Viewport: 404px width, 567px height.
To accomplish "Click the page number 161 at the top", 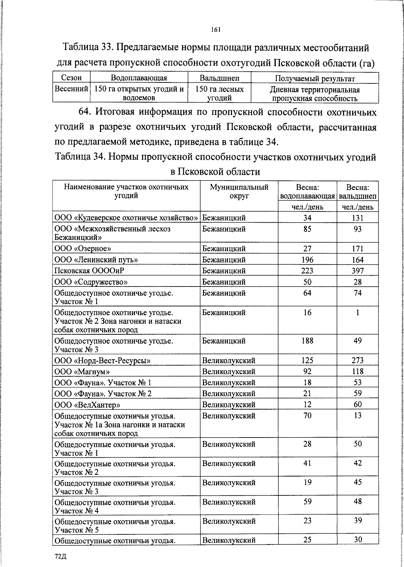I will click(215, 30).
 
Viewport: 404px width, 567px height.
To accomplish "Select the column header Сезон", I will click(71, 78).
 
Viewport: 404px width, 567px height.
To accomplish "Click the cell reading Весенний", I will click(71, 89).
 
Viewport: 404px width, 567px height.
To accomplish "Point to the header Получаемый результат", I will click(315, 79).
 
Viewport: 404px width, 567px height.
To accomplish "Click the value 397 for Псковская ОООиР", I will click(358, 271).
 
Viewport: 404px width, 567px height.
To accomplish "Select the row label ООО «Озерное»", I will click(83, 249).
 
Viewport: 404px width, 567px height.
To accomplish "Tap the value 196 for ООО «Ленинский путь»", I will click(307, 260).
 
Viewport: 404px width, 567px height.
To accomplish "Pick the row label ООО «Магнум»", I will click(82, 372).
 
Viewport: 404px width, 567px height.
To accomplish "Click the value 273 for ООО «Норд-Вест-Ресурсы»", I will click(358, 361).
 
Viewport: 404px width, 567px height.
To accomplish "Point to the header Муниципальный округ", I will click(239, 191).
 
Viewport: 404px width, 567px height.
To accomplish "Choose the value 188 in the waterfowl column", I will click(307, 341).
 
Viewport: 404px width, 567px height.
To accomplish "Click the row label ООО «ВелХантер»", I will click(87, 405).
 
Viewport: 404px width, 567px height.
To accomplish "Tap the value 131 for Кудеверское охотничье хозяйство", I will click(358, 218).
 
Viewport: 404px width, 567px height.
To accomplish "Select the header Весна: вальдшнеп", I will click(358, 192).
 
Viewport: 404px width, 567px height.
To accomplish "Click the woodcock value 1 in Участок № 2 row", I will click(358, 312).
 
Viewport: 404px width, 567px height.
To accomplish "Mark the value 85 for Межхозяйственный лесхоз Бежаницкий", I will click(307, 229).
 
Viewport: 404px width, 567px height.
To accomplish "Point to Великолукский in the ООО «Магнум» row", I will click(229, 372).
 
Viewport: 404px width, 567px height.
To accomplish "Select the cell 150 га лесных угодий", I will click(219, 93).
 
